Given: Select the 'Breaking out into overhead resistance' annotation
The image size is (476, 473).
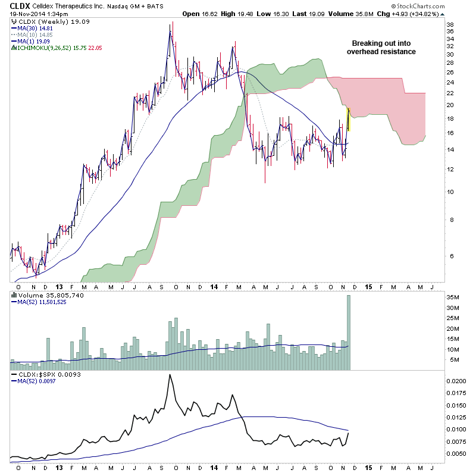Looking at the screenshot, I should click(381, 48).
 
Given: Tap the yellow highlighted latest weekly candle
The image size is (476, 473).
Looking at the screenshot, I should click(349, 119).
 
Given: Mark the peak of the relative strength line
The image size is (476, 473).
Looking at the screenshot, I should click(170, 375).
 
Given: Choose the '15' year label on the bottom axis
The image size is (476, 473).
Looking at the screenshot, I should click(369, 286).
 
